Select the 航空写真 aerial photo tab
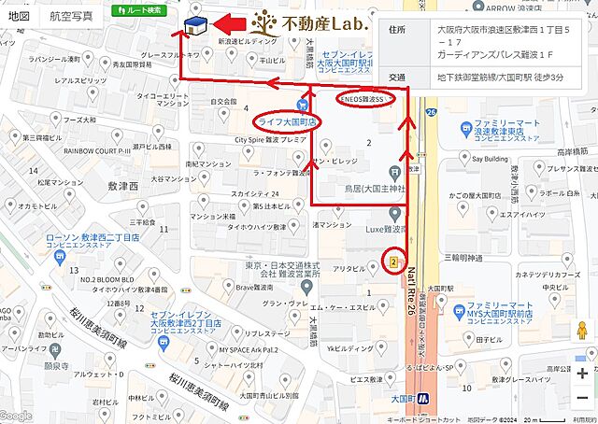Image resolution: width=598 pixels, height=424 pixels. pyautogui.click(x=71, y=16)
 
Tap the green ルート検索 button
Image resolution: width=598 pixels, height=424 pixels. pyautogui.click(x=139, y=10)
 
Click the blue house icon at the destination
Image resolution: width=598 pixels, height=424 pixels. pyautogui.click(x=196, y=28)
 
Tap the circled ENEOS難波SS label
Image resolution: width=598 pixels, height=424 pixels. pyautogui.click(x=364, y=98)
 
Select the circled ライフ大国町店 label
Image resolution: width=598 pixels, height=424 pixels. pyautogui.click(x=288, y=121)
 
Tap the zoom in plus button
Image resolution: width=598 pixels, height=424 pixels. pyautogui.click(x=583, y=373)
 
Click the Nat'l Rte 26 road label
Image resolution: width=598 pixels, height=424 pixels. pyautogui.click(x=411, y=290)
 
